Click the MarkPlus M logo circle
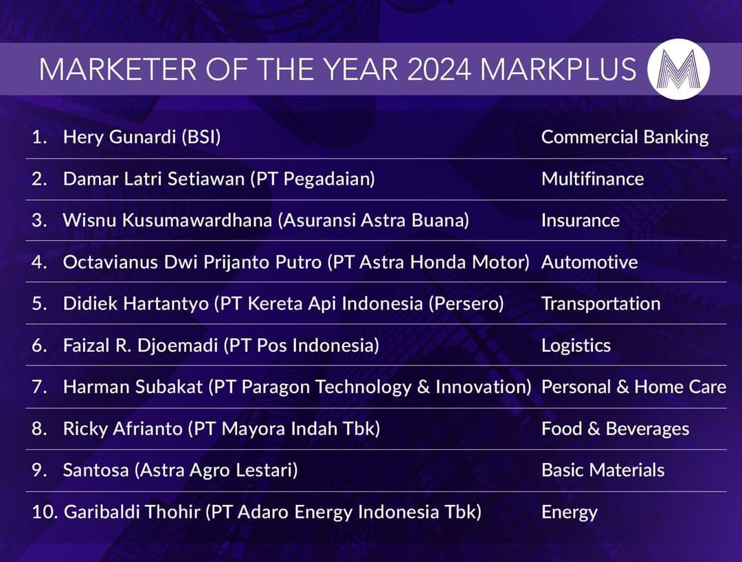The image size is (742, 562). point(678,69)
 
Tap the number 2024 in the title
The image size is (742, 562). point(438,69)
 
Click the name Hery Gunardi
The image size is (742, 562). point(120,137)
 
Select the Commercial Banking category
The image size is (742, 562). point(625,137)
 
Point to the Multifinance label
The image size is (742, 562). point(592,179)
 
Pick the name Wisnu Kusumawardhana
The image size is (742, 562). point(167,221)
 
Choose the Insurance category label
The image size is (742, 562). point(580,221)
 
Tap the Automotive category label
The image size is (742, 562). point(589,262)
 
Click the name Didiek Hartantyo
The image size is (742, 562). point(136,304)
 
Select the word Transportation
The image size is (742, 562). point(601,304)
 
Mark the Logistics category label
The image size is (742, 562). point(576,346)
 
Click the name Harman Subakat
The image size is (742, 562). point(133,387)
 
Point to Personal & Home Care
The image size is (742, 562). point(633,387)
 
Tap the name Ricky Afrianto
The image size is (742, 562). point(122,429)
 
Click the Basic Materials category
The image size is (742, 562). point(603,470)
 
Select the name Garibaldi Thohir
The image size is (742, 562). point(132,512)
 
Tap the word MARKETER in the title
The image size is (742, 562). point(118,69)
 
